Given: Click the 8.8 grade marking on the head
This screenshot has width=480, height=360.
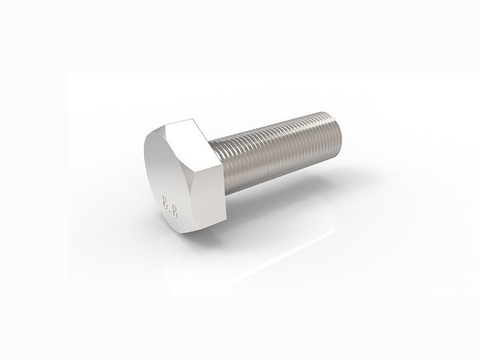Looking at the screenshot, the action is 170,207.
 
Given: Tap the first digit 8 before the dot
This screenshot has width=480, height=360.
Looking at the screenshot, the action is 166,200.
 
